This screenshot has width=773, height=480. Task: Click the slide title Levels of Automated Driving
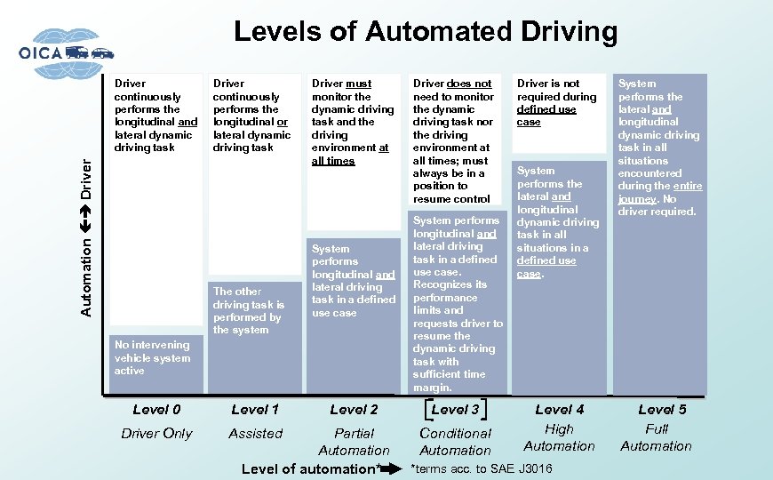(x=425, y=33)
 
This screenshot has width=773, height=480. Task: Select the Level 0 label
(x=156, y=410)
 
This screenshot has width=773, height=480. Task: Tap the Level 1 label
(x=255, y=410)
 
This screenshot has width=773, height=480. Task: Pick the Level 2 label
(x=354, y=410)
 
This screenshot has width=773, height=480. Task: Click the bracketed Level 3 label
(x=456, y=410)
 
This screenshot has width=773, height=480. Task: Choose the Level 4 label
(x=560, y=410)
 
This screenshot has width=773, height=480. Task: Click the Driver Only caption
(x=156, y=434)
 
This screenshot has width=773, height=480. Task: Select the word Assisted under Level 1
(x=255, y=434)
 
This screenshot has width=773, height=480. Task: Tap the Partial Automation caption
(x=354, y=442)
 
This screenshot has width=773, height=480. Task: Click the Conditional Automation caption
(x=455, y=442)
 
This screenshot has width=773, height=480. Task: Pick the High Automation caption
(x=559, y=437)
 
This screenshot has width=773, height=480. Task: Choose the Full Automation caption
(x=657, y=437)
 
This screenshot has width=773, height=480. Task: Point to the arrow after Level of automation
(x=391, y=468)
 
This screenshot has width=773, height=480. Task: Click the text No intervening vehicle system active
(x=152, y=358)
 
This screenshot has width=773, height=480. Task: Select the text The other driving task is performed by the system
(x=248, y=310)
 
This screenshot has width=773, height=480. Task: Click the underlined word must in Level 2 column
(x=359, y=84)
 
